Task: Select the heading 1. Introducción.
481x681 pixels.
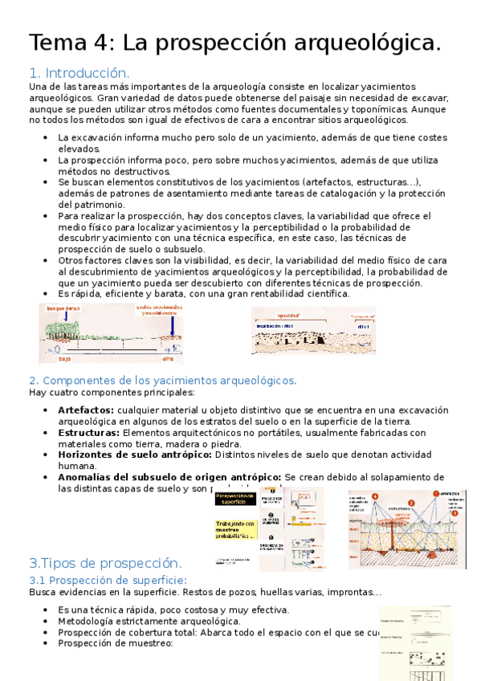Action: pyautogui.click(x=79, y=72)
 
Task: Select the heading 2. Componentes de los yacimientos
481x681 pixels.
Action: pyautogui.click(x=163, y=380)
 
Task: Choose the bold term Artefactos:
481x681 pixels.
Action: pyautogui.click(x=85, y=410)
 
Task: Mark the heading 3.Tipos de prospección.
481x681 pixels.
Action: pyautogui.click(x=105, y=562)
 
